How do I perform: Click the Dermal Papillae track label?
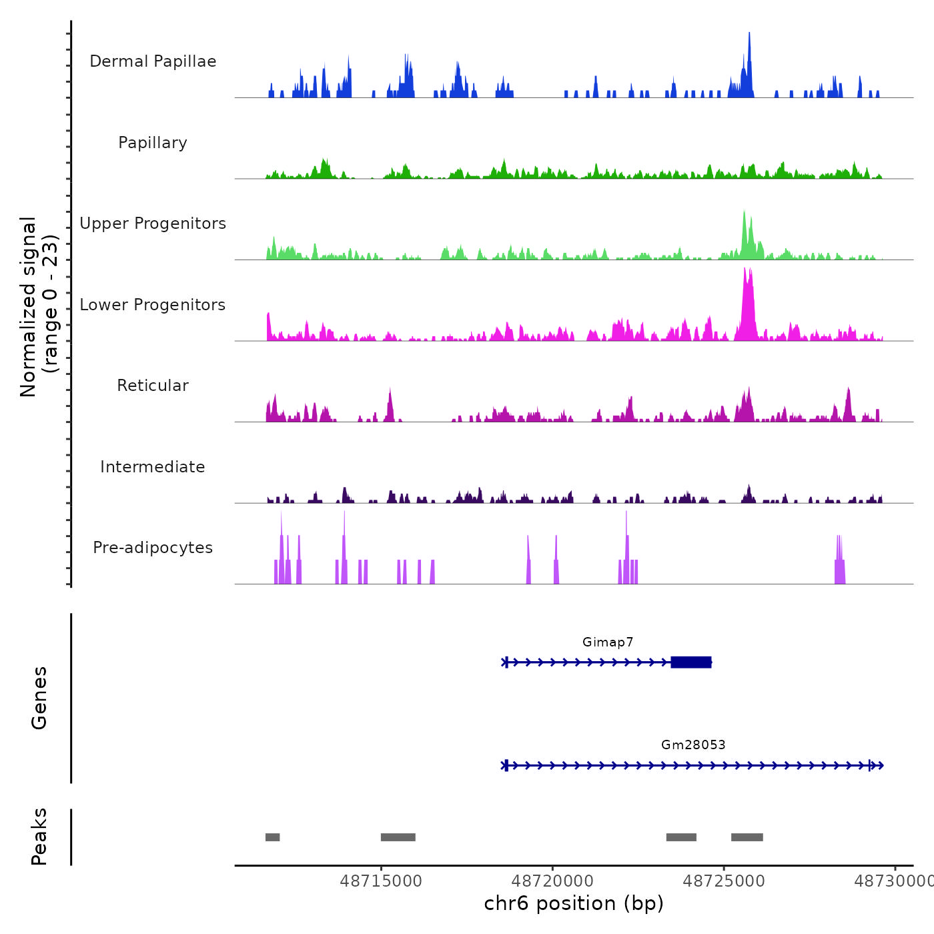click(x=153, y=61)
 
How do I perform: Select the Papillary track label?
click(x=153, y=143)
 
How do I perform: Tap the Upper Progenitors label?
click(x=153, y=223)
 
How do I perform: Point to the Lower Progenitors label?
click(x=153, y=305)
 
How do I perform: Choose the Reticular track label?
click(x=153, y=386)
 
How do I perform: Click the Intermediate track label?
click(x=153, y=467)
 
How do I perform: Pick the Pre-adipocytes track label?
click(x=153, y=548)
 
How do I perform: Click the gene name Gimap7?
click(x=608, y=642)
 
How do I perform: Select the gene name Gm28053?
click(x=693, y=745)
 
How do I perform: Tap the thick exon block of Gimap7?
click(x=691, y=662)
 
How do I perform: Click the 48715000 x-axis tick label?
click(x=381, y=881)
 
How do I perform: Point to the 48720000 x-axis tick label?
click(x=552, y=881)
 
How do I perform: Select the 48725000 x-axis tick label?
click(x=724, y=881)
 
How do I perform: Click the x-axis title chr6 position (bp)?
click(x=574, y=904)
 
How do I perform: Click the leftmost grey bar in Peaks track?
click(x=272, y=837)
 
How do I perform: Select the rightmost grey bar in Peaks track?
click(x=747, y=837)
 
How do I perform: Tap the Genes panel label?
click(x=39, y=698)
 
